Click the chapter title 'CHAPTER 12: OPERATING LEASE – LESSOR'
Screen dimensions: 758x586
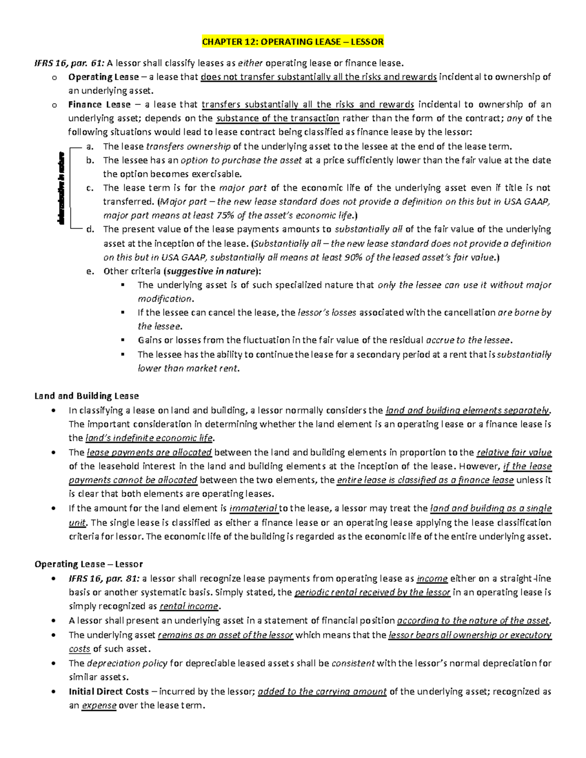point(293,42)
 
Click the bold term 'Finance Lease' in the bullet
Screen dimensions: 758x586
point(99,104)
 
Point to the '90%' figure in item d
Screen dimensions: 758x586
point(353,257)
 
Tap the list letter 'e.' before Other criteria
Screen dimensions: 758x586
point(89,271)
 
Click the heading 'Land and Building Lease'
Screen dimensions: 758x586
point(86,396)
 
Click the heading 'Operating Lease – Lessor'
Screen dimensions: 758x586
point(88,564)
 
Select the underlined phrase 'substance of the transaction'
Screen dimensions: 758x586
point(277,118)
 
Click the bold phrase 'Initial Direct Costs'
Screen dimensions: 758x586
point(108,691)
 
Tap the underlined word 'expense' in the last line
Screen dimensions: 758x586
point(99,705)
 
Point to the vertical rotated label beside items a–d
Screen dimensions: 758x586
point(61,188)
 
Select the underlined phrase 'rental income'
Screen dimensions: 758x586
point(189,606)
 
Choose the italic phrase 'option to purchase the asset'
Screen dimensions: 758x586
point(241,160)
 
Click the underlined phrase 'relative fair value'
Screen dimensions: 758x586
point(514,452)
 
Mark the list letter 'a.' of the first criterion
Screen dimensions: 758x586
point(89,146)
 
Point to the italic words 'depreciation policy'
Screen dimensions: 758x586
point(127,663)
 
